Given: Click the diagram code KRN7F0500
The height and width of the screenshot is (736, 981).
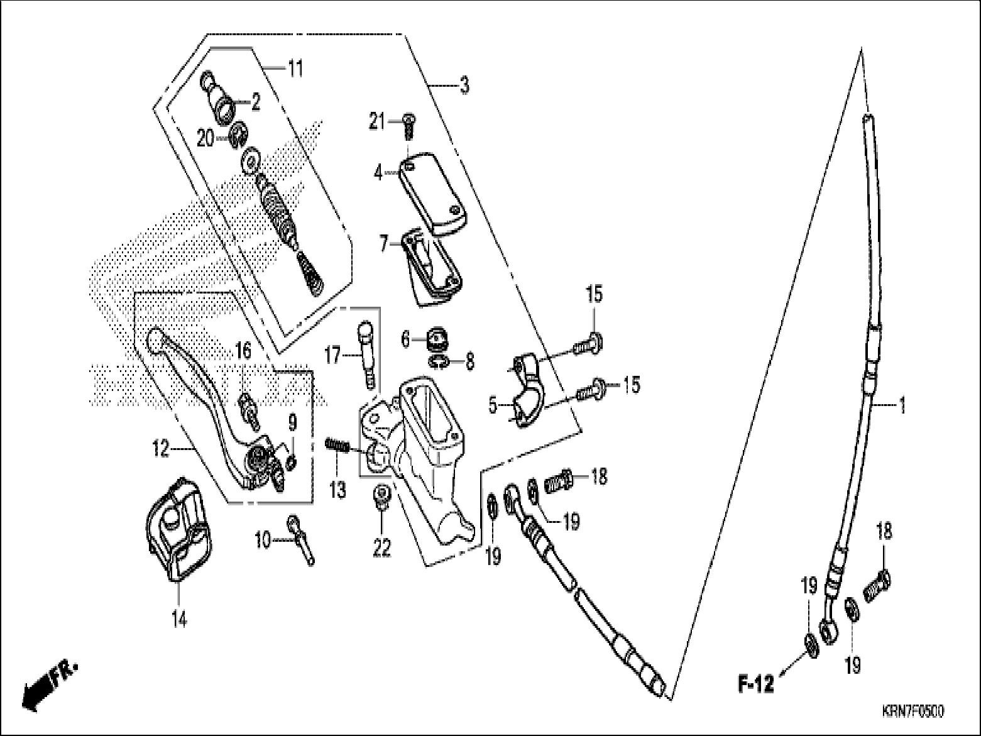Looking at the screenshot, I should point(913,711).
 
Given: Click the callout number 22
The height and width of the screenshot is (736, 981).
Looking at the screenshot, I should point(382,547).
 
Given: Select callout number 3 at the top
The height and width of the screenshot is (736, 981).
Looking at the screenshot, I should point(464,85).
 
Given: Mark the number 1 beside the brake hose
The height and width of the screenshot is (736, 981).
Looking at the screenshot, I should point(902,405).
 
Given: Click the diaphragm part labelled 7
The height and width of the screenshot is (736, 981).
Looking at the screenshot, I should point(430,267).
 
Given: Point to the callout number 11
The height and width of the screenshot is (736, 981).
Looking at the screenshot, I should point(295,67).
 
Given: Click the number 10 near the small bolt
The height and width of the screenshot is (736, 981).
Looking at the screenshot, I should point(263,539).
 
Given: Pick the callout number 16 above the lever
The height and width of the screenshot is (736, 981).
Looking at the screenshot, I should point(243,351).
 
